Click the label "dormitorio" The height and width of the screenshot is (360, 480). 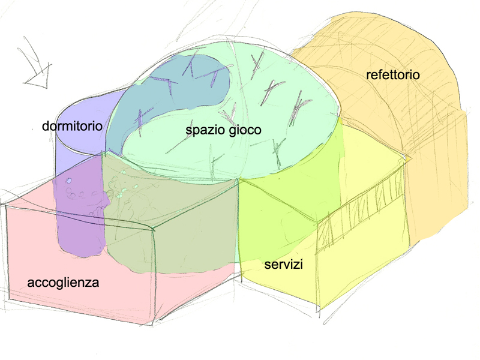tap(72, 127)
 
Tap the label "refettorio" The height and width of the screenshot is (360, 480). tap(392, 75)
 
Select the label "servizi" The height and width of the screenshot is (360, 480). tap(283, 265)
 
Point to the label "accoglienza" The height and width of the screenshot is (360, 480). tap(63, 282)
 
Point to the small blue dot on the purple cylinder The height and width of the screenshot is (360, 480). tap(69, 181)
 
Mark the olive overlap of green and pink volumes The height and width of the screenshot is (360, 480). tap(180, 228)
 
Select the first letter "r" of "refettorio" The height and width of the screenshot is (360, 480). tap(368, 76)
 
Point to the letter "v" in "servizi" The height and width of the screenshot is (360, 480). tap(286, 265)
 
